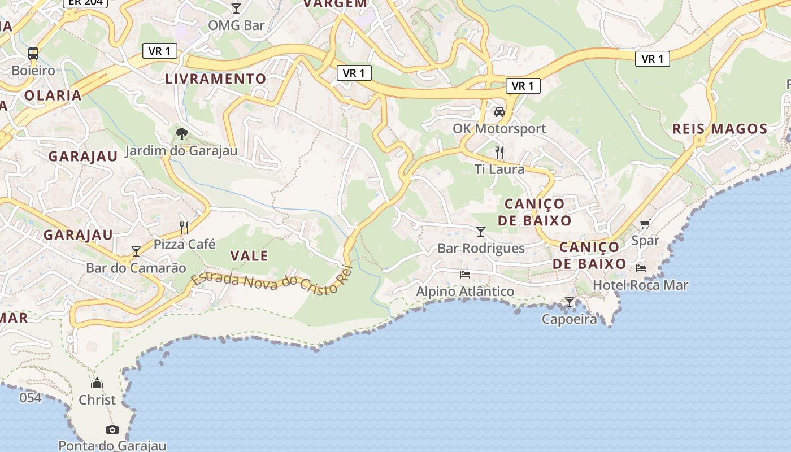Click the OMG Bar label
[236, 25]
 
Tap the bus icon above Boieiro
[33, 54]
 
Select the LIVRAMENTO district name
[215, 79]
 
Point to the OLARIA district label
[53, 95]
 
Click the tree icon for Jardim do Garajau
[181, 134]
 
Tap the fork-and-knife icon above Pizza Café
[184, 227]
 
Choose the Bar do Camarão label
[136, 268]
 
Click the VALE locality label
[249, 255]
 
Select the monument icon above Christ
[97, 384]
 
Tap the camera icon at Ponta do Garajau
[112, 429]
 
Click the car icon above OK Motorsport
[499, 112]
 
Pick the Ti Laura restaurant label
[499, 169]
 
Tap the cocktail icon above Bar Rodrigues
[481, 232]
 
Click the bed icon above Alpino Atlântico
[465, 275]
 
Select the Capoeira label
[569, 319]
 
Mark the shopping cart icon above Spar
[645, 224]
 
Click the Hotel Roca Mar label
[640, 285]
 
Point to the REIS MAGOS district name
[720, 129]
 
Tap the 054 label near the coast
[31, 398]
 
